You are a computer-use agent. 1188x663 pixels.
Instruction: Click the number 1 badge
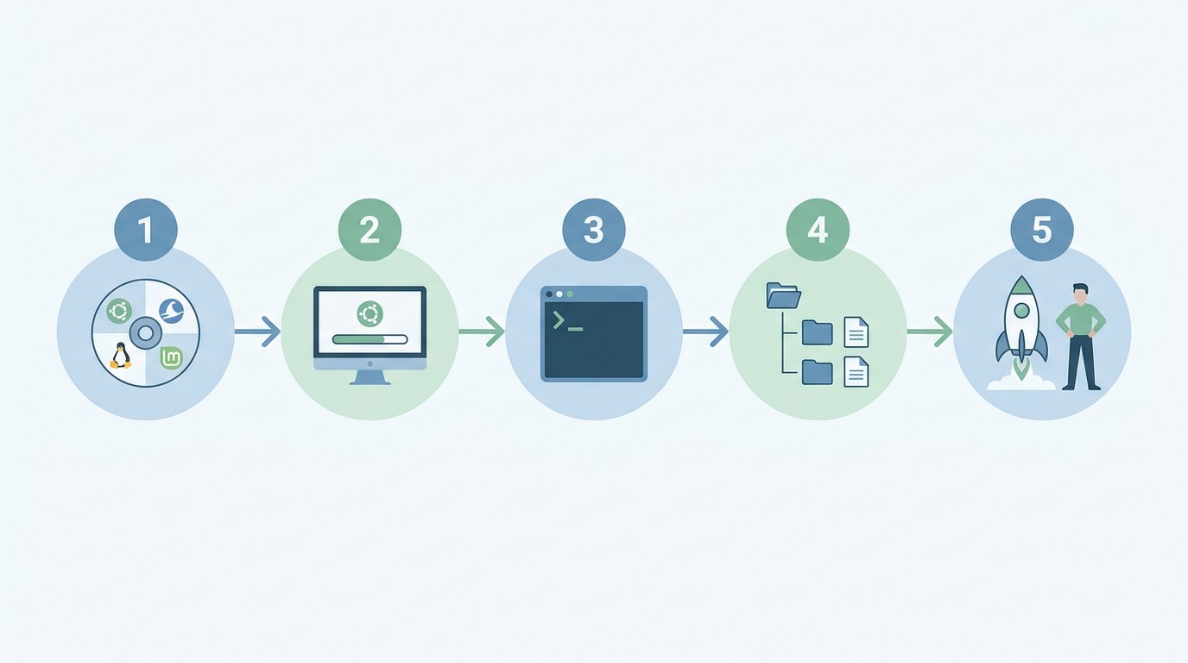[146, 230]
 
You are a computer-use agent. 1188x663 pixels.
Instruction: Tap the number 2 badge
[370, 230]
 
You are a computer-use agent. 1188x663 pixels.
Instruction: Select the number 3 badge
[594, 230]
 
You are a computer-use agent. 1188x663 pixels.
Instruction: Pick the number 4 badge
[818, 230]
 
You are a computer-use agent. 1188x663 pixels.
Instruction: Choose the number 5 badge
[1042, 230]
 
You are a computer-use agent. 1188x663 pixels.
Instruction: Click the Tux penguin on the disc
[120, 356]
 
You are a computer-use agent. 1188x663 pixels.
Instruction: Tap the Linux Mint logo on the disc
[171, 358]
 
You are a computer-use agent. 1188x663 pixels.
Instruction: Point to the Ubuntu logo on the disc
[119, 311]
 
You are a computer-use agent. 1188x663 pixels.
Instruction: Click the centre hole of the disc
[146, 333]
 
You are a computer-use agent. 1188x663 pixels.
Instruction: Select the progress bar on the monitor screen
[370, 339]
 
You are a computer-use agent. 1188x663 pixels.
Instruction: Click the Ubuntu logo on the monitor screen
[370, 313]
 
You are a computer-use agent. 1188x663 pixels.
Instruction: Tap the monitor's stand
[370, 377]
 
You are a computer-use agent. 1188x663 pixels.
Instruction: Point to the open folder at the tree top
[783, 295]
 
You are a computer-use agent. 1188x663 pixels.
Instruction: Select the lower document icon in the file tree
[856, 372]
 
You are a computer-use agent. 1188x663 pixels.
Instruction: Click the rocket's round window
[1021, 310]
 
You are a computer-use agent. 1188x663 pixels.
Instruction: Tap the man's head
[1080, 294]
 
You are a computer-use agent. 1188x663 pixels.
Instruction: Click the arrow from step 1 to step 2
[257, 331]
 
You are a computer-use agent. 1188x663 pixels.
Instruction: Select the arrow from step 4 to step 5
[930, 331]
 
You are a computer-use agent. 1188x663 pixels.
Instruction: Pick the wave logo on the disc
[171, 310]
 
